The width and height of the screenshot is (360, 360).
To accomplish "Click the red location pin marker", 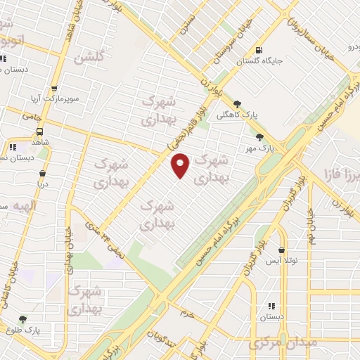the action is click(x=181, y=166).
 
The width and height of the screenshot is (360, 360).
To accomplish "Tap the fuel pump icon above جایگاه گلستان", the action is click(x=259, y=50).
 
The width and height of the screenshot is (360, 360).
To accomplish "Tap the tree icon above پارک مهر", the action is click(x=260, y=136).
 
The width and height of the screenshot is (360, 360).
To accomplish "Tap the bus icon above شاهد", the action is click(x=39, y=131).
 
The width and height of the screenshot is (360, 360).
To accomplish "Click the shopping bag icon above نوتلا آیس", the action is click(x=282, y=250).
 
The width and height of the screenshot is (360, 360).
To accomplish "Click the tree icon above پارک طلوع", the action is click(x=22, y=319).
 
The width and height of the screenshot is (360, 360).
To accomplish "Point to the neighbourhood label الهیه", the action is click(x=13, y=205).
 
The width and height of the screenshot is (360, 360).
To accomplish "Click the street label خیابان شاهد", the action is click(x=70, y=28).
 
